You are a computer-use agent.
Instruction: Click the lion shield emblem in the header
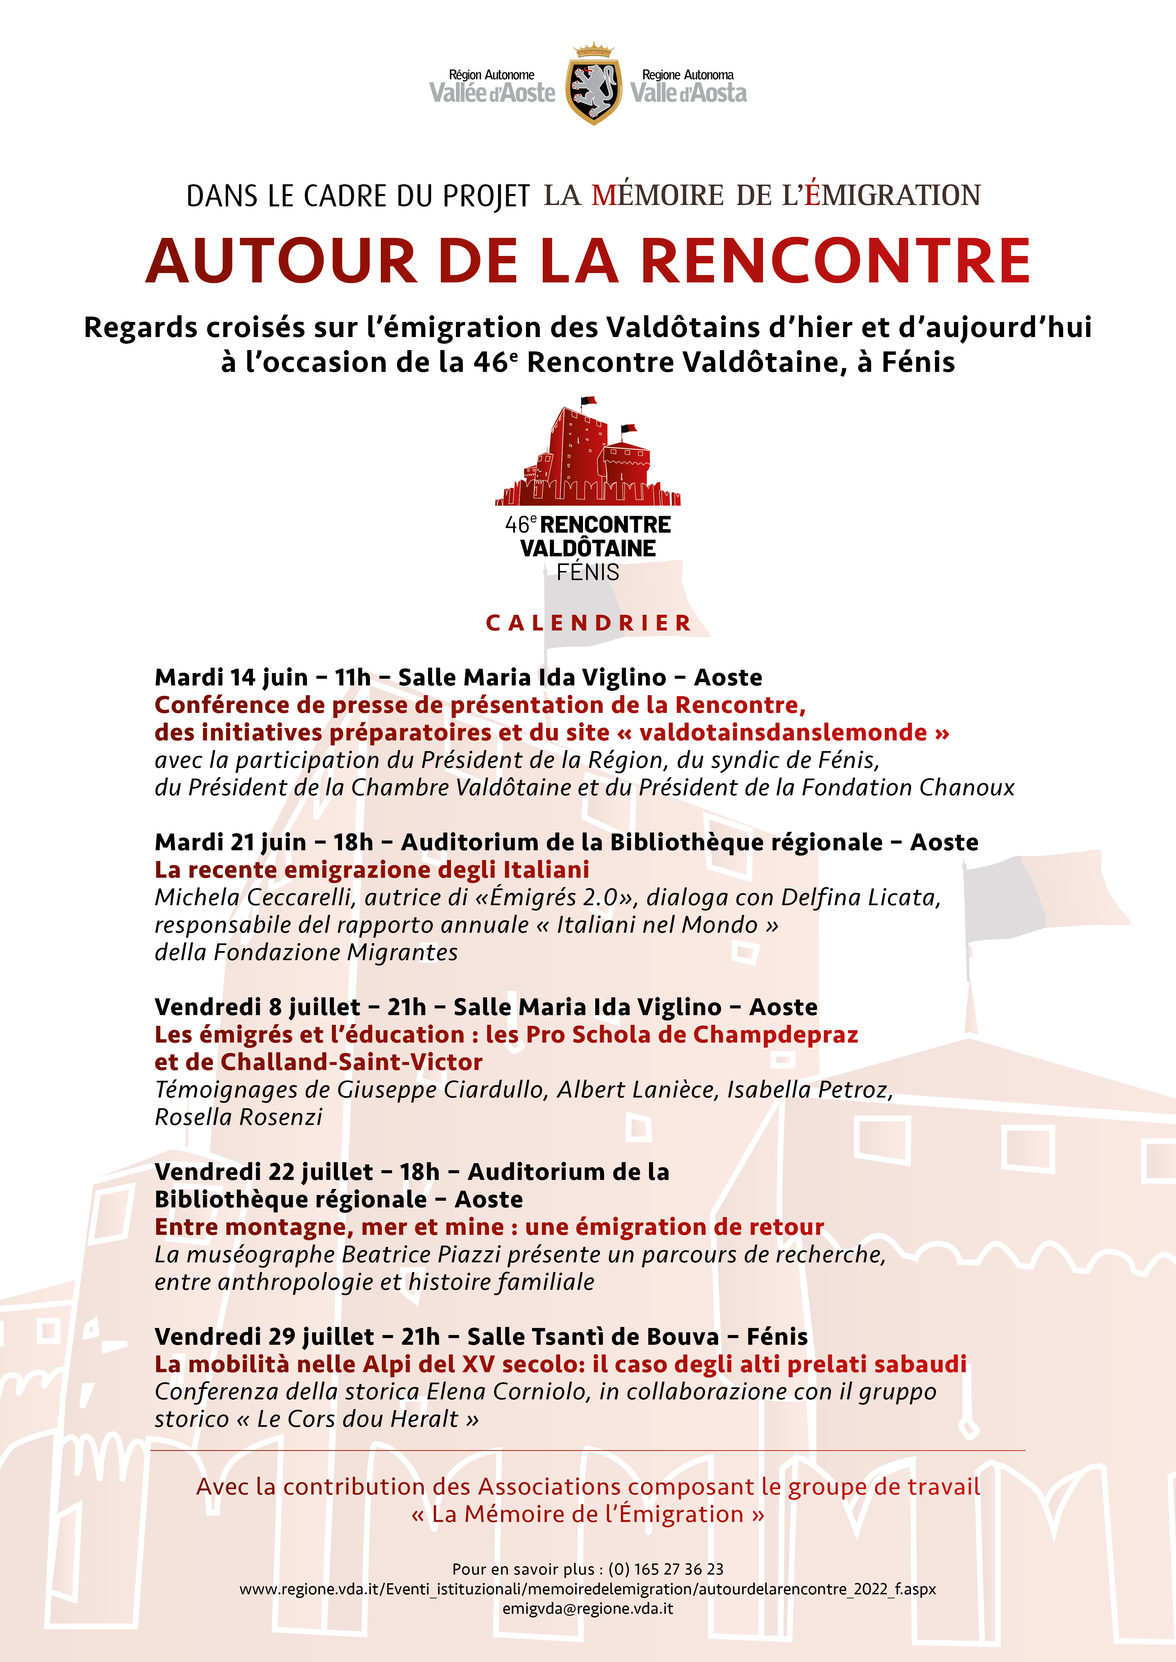pos(593,85)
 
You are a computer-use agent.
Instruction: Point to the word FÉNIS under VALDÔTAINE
pos(588,573)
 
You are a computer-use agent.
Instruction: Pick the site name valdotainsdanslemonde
pos(783,733)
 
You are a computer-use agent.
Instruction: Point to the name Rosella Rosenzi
pos(238,1117)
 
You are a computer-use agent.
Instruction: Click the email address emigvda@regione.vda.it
pos(588,1608)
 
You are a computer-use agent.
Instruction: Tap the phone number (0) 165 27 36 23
pos(665,1569)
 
